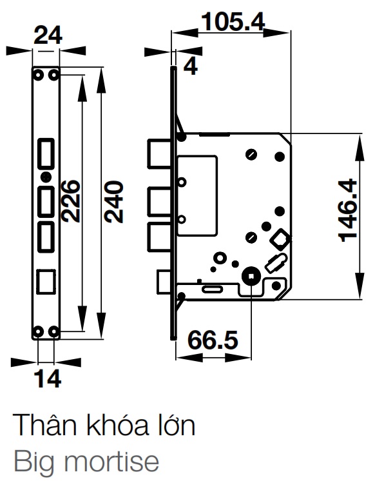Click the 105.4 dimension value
233,22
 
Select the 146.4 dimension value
348,210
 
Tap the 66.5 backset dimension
213,339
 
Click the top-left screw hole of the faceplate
38,75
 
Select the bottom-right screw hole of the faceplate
54,331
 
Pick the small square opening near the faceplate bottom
46,282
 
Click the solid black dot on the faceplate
44,177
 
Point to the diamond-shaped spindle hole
280,239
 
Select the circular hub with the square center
250,276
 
